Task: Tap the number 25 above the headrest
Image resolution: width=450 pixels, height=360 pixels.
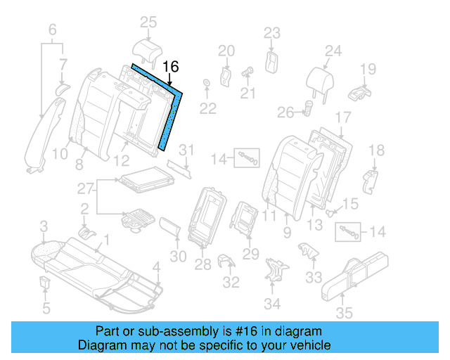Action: coord(148,23)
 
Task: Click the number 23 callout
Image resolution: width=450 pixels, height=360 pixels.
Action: coord(272,32)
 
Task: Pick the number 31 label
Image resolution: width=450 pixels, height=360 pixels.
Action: coord(186,149)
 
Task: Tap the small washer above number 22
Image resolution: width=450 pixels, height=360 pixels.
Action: coord(207,85)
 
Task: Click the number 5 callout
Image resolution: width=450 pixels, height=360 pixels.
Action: coord(46,309)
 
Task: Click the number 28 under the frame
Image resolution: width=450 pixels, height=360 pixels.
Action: coord(202,264)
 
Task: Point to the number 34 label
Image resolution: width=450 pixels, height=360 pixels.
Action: coord(272,304)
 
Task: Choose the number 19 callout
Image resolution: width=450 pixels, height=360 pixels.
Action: coord(368,69)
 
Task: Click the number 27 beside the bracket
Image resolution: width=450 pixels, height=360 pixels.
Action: coord(84,188)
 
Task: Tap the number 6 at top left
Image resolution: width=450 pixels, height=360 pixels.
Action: coord(51,30)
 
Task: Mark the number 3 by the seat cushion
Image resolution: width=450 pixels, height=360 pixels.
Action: coord(44,226)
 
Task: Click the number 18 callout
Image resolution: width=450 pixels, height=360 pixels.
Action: coord(376,150)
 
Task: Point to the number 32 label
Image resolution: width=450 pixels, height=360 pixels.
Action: coord(230,283)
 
